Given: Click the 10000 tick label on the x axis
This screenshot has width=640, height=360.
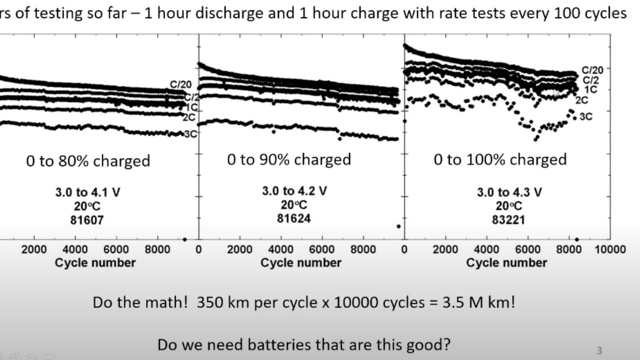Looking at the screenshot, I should point(610,249).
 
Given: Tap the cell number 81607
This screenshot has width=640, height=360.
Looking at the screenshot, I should point(87,220).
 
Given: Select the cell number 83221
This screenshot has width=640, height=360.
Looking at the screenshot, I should point(508,220).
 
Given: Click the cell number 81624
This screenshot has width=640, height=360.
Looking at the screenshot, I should point(294,218).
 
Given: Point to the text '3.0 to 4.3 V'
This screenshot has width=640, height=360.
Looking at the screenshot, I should point(509,192).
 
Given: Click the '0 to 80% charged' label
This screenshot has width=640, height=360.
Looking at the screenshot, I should point(88,161).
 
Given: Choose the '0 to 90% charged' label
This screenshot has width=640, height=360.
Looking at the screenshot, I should point(289,160).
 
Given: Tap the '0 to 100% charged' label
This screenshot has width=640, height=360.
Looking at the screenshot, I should point(500,160).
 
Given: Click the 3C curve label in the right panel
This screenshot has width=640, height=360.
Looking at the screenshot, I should point(586,117).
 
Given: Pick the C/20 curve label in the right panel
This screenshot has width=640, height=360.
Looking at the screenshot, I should point(592,70).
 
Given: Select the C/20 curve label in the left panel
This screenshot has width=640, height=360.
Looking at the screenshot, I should point(181,84).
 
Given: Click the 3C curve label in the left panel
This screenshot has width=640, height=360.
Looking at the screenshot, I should point(191,134).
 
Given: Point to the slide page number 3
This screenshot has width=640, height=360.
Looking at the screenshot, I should point(599,351).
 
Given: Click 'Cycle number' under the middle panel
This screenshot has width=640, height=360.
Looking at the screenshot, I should point(301,263).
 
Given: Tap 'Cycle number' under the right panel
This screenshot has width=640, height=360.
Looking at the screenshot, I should point(506,263).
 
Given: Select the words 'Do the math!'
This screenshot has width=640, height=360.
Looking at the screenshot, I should point(140,302).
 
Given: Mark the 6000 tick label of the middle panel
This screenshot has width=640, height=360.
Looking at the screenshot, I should point(322,249).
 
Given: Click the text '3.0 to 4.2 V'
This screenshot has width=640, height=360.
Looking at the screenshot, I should point(294,191).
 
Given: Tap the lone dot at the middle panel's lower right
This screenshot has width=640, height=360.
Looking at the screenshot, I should point(398,226).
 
